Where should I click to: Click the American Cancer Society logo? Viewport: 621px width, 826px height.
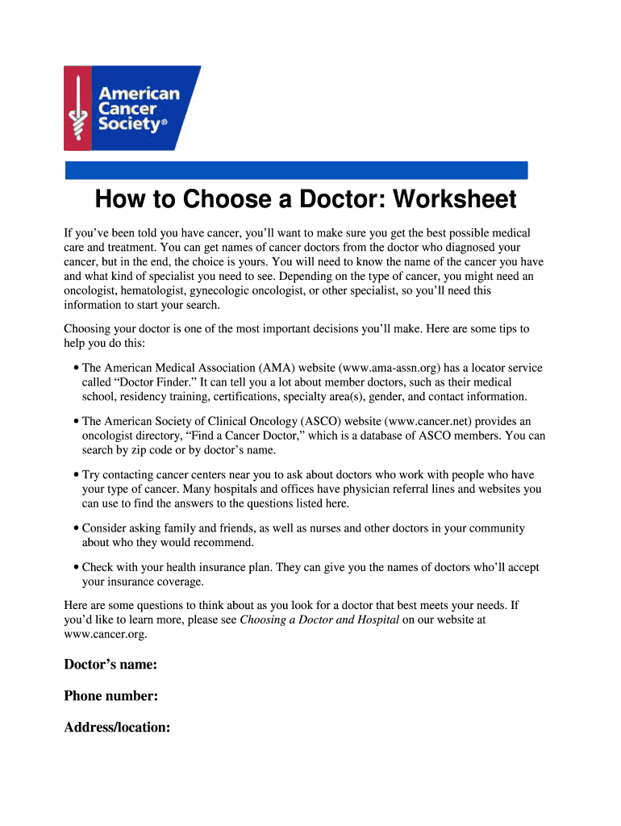point(131,108)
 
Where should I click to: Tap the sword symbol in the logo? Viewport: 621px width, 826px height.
point(77,108)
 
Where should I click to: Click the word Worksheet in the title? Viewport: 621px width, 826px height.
point(455,199)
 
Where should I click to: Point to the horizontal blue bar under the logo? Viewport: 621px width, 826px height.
point(295,170)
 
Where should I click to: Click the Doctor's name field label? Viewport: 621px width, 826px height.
point(110,665)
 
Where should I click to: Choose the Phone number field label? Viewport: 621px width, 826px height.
point(110,696)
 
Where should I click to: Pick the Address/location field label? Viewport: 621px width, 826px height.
point(117,728)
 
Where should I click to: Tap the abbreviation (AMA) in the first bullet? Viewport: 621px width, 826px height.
point(255,368)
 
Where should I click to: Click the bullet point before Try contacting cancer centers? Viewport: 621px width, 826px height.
point(75,475)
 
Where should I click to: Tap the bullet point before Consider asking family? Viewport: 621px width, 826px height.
point(75,528)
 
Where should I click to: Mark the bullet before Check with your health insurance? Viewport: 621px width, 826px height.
point(75,568)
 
